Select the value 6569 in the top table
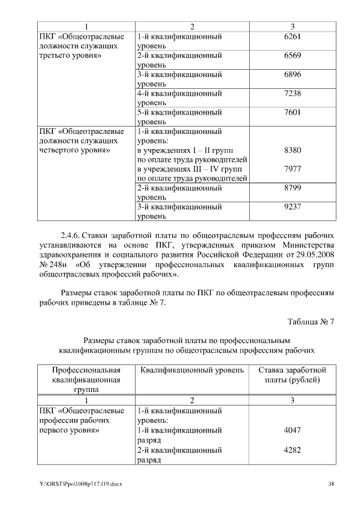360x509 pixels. pos(292,56)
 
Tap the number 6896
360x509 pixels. pos(292,74)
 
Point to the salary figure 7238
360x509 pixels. pos(292,93)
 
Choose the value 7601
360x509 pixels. pos(292,112)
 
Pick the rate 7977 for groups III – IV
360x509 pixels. pos(292,169)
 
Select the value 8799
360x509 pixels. pos(292,188)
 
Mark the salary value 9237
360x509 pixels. pos(292,207)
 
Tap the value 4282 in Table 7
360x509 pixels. pos(292,450)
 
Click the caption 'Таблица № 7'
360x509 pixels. pos(310,322)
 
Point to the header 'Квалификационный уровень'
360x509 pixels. pos(192,370)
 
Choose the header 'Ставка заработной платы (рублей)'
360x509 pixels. pos(292,375)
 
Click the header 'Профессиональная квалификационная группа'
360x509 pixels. pos(86,380)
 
